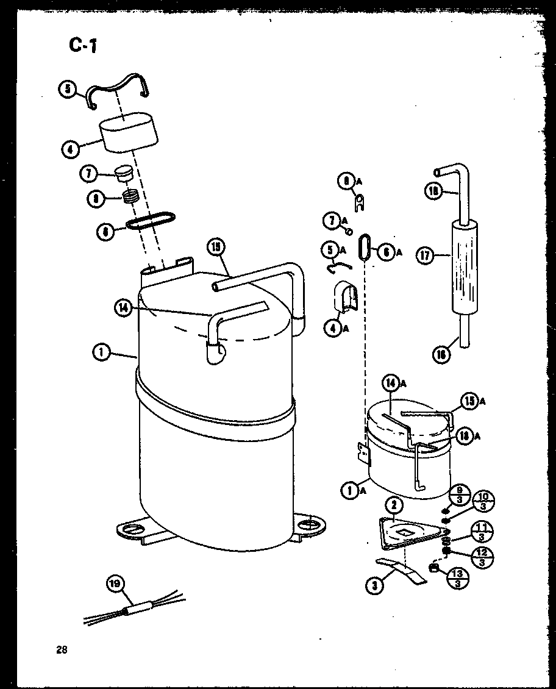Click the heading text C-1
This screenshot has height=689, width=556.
(x=81, y=45)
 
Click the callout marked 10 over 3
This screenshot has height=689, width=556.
(x=483, y=501)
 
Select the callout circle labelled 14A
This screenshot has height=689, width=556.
(x=391, y=384)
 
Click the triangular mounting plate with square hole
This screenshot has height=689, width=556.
(x=405, y=530)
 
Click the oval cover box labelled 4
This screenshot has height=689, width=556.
(x=127, y=132)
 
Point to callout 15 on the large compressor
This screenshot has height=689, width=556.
(x=216, y=248)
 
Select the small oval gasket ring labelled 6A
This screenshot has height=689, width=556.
(x=365, y=247)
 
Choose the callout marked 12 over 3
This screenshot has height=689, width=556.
(x=482, y=557)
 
